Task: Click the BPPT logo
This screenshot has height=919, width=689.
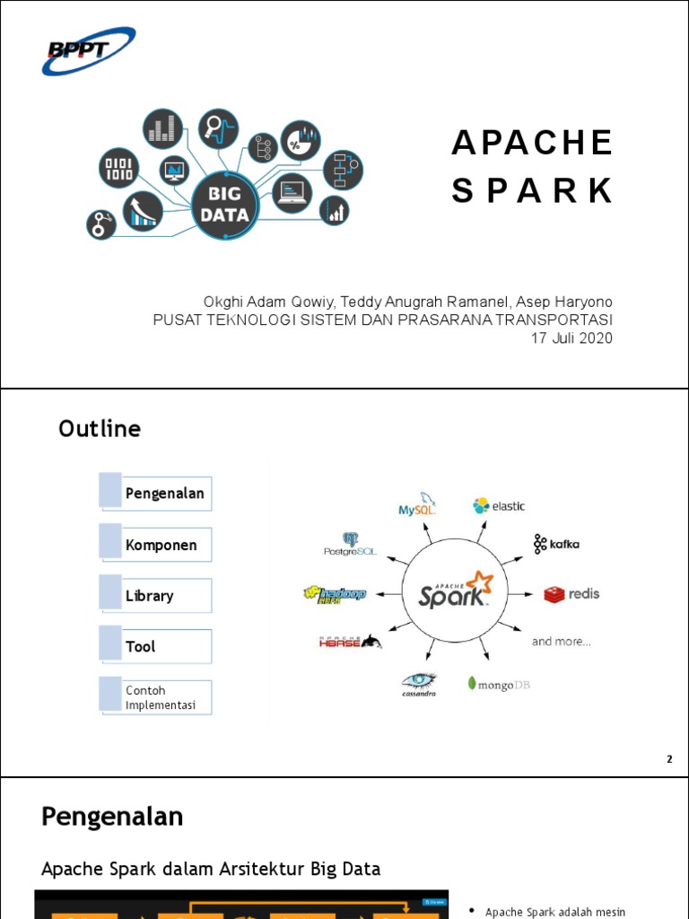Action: [88, 51]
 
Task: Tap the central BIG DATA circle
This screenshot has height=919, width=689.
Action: [225, 205]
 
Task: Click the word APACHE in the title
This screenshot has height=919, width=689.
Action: [532, 142]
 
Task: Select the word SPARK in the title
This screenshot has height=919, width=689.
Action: [532, 190]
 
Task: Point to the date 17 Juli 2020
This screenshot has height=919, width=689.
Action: [571, 337]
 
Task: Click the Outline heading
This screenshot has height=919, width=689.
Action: [100, 429]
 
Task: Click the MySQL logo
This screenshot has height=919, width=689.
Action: [417, 504]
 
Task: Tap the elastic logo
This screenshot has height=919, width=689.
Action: [500, 506]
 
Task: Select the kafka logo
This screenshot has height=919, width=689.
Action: [556, 544]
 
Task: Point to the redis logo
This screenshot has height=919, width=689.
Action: [571, 594]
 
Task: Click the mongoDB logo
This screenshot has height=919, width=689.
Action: [499, 684]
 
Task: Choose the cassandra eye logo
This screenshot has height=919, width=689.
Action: [418, 684]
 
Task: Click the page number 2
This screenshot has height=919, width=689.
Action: [668, 760]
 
